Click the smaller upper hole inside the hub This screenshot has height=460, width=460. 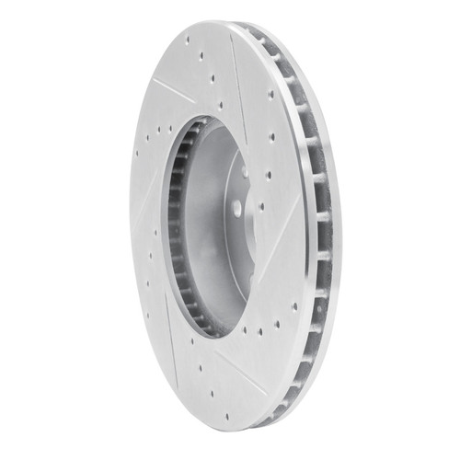pos(243,171)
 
